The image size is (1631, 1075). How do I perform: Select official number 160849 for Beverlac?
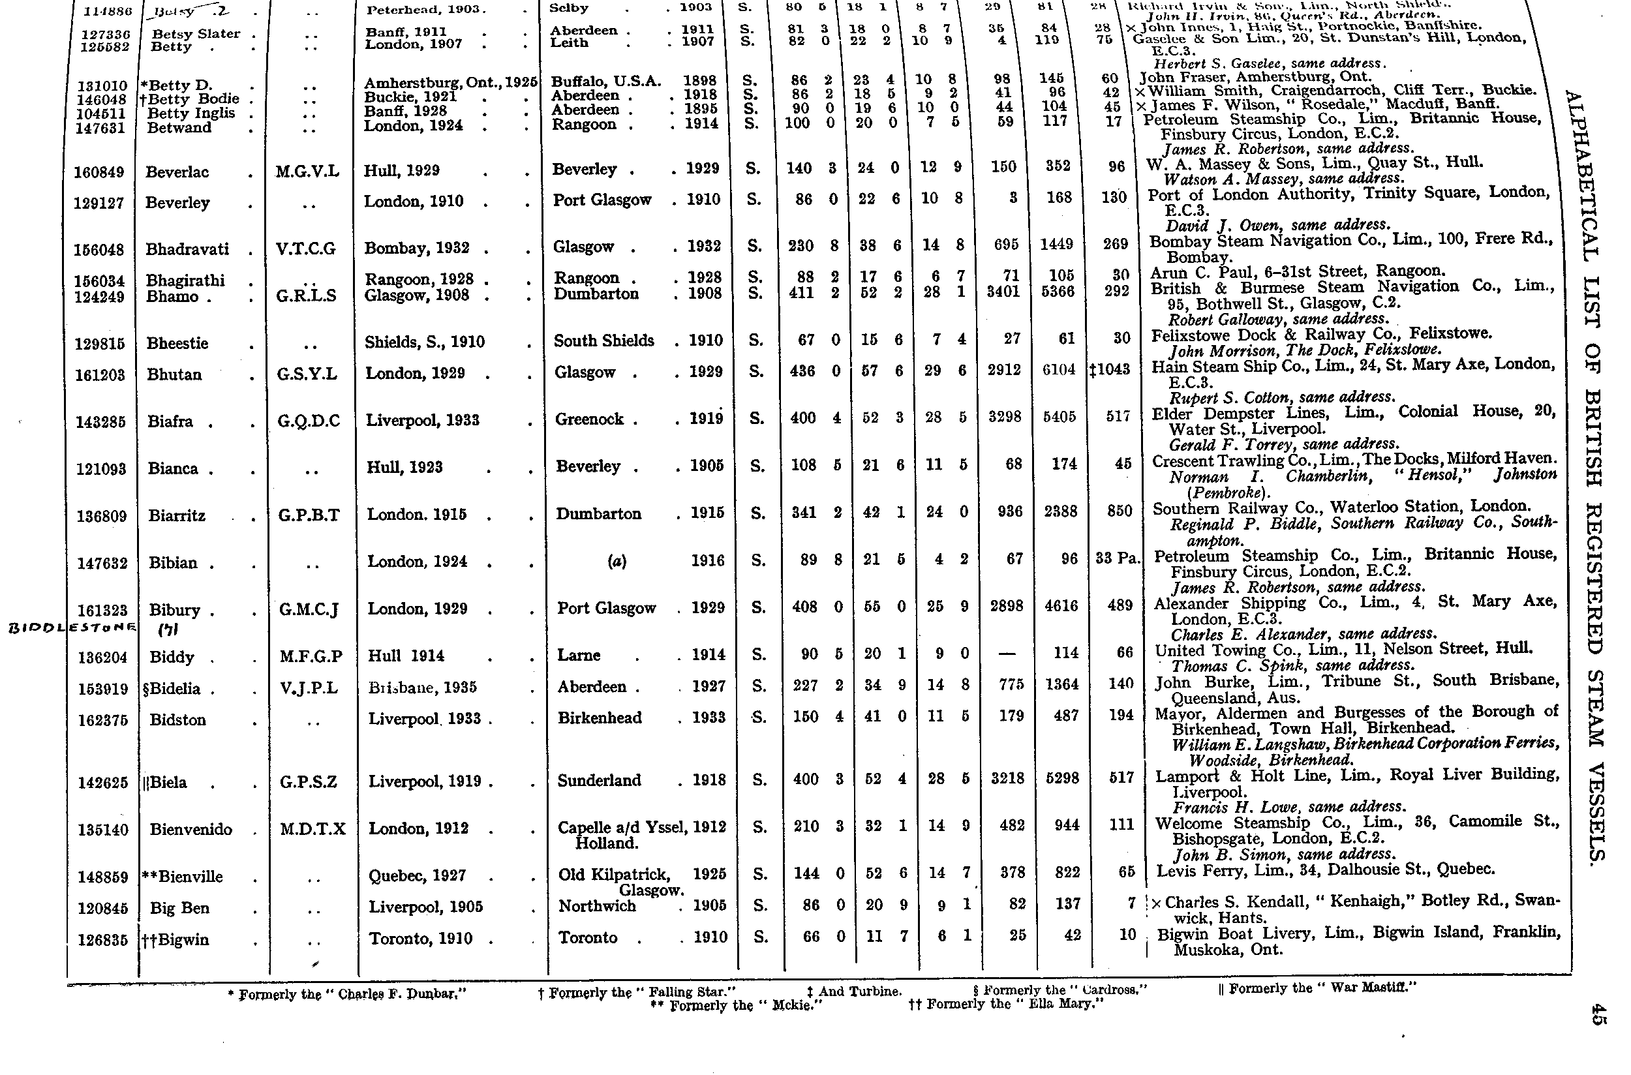click(x=100, y=172)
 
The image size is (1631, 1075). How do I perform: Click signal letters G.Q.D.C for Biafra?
click(x=309, y=421)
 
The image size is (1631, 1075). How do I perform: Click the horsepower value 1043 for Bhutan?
click(x=1113, y=369)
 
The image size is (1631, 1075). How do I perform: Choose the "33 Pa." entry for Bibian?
click(x=1118, y=558)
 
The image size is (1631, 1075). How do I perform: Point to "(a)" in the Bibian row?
click(x=617, y=562)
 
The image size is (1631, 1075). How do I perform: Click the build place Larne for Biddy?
click(x=579, y=656)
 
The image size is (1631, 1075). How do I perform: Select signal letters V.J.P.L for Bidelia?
click(x=309, y=688)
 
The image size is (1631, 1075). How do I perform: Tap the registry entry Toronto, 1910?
click(x=421, y=939)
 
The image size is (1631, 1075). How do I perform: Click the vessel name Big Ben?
click(x=179, y=909)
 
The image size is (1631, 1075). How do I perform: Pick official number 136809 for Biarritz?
click(x=102, y=516)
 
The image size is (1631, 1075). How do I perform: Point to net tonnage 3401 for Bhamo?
click(x=1003, y=292)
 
